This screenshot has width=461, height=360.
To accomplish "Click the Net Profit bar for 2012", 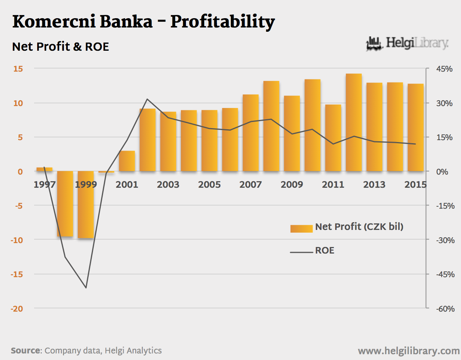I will tap(354, 122).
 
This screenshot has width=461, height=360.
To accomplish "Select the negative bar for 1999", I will tap(86, 204).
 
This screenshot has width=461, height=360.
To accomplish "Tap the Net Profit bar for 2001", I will tap(127, 161).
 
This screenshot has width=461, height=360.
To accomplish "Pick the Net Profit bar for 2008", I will tap(271, 126).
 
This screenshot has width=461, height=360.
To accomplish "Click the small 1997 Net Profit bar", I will tap(44, 169).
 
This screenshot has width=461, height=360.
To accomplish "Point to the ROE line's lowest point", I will tap(86, 288).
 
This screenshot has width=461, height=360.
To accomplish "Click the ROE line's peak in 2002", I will tap(147, 99).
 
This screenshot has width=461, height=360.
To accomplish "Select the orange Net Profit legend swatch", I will tap(301, 228).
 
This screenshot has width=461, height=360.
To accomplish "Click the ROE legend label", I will tap(325, 250).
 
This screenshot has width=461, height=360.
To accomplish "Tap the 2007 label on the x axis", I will tap(251, 184).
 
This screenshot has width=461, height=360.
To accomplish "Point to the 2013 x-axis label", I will tap(374, 184).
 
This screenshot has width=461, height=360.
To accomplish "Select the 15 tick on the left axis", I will tap(19, 69).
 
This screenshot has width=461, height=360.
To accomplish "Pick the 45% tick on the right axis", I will tap(444, 69).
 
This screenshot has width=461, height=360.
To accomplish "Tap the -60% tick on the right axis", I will tap(444, 309).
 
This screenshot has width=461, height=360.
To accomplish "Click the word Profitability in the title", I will tap(222, 22).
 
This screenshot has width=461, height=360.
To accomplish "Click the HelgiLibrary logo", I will tap(407, 43).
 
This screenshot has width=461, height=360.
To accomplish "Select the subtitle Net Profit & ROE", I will tap(60, 47).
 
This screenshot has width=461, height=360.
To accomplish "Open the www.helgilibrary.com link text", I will tap(409, 351).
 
